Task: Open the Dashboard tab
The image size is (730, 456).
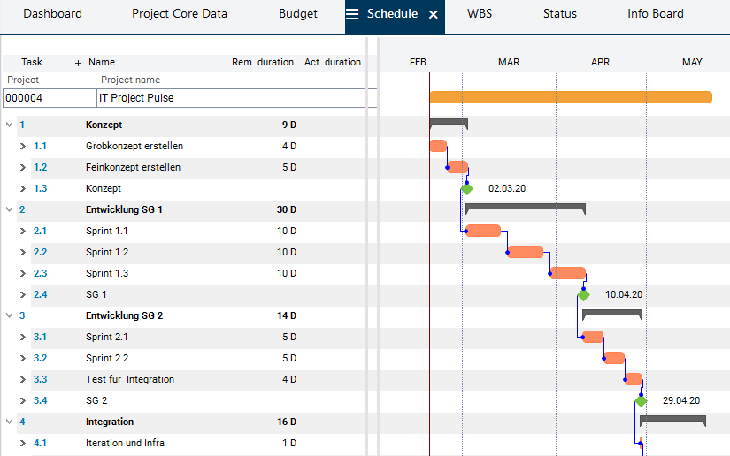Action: (52, 14)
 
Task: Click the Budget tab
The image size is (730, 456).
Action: (298, 14)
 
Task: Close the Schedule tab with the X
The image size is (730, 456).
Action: (433, 15)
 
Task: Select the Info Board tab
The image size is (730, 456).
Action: (656, 14)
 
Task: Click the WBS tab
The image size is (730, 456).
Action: (480, 14)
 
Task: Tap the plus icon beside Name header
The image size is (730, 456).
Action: (78, 63)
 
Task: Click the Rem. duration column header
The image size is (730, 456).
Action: (263, 63)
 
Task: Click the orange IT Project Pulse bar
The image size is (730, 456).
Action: (571, 97)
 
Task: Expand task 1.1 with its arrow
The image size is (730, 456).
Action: (23, 146)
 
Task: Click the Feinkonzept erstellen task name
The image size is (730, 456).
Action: (134, 167)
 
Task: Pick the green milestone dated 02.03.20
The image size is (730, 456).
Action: (466, 189)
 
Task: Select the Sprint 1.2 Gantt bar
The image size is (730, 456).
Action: (526, 252)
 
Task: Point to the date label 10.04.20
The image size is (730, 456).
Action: (624, 294)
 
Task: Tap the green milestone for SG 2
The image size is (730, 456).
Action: (641, 401)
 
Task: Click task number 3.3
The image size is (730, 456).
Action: (40, 379)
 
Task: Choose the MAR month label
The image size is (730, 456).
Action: (509, 62)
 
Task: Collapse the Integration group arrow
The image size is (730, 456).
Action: (9, 422)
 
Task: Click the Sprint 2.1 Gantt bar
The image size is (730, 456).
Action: (593, 337)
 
